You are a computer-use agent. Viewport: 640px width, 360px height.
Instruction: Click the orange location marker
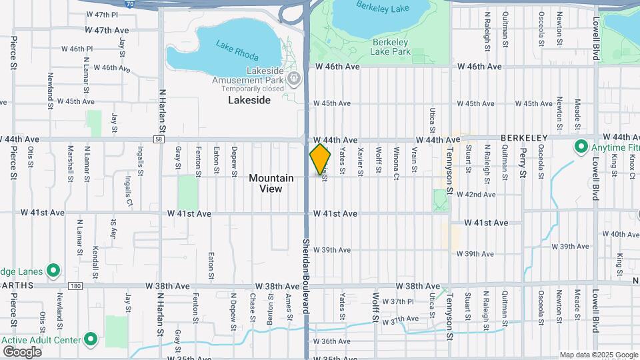click(320, 159)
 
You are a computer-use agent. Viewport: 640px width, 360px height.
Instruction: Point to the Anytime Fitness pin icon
click(580, 147)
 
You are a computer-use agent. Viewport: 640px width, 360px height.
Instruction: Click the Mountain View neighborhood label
click(271, 183)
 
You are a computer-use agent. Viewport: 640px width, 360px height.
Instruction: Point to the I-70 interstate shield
click(129, 3)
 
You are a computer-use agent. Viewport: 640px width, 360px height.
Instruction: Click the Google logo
click(22, 352)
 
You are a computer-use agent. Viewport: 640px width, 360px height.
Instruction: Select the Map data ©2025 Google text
click(598, 355)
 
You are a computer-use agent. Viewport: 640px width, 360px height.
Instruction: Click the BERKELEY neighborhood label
click(523, 138)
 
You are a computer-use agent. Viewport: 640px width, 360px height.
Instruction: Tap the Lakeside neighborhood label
click(249, 100)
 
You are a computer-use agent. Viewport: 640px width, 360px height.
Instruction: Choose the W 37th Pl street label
click(403, 301)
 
